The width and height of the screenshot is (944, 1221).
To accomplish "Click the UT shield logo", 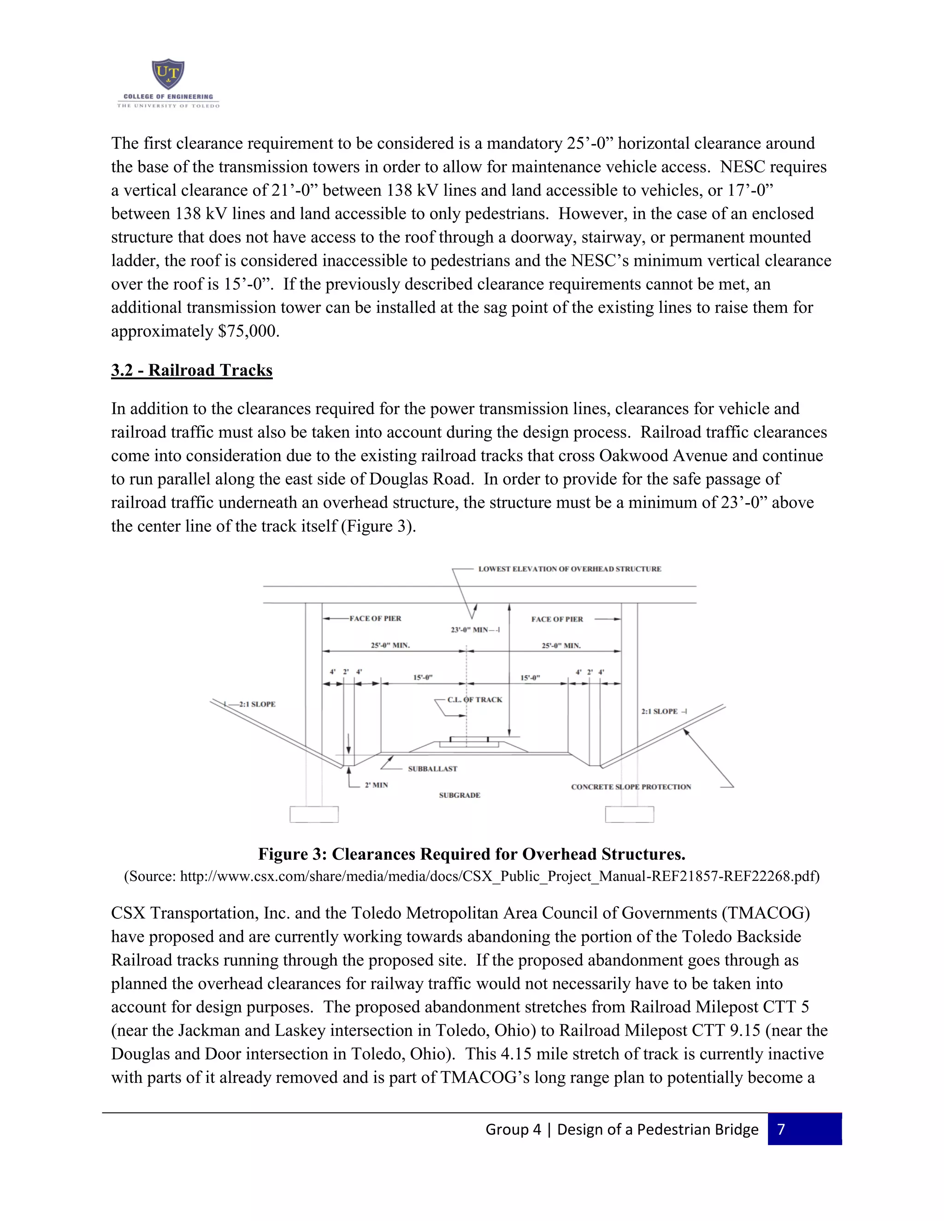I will click(168, 74).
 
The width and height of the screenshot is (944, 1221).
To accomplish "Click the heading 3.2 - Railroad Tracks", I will click(191, 370).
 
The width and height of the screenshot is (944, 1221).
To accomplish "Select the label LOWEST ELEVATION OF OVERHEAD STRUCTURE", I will click(569, 569).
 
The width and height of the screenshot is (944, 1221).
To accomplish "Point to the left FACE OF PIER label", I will click(375, 618).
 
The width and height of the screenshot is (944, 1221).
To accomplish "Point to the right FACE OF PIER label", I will click(557, 619).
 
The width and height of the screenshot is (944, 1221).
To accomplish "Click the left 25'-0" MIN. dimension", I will click(390, 645).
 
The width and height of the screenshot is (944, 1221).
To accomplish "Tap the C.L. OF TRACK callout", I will click(474, 699).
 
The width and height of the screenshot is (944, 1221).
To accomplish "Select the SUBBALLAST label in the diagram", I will click(432, 769).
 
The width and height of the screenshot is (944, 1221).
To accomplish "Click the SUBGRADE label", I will click(459, 795).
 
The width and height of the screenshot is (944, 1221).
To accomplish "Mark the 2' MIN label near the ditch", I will click(377, 785).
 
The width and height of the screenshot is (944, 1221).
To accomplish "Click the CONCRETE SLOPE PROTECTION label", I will click(631, 787).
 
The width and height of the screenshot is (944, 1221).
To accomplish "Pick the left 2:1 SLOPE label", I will click(257, 704).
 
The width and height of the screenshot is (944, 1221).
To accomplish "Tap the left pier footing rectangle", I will click(314, 814).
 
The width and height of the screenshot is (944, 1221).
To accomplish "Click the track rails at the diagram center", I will click(469, 741).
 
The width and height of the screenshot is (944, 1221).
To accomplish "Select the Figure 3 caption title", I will click(472, 854).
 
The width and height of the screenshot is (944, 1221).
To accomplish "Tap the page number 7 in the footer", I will click(781, 1129).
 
